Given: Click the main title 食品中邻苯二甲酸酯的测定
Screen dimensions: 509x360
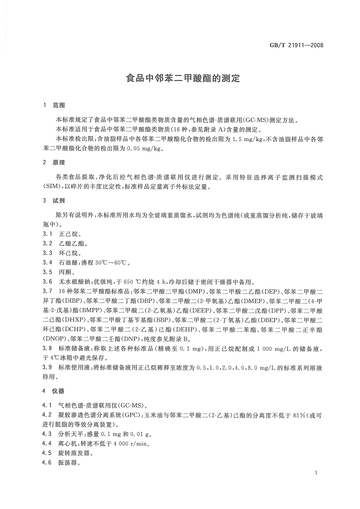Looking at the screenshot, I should click(x=182, y=78).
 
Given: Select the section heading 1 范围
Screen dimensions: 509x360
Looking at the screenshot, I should click(x=54, y=105).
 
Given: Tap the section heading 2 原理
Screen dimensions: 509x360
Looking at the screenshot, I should click(x=54, y=162).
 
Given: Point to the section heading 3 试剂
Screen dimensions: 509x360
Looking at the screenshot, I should click(x=54, y=200).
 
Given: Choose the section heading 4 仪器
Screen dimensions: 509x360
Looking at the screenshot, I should click(x=54, y=390).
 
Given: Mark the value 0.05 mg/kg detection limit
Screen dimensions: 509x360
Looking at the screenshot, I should click(x=136, y=148).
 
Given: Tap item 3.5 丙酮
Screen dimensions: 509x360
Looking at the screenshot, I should click(x=62, y=272).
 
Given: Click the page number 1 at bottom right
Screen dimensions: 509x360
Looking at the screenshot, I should click(x=315, y=473).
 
